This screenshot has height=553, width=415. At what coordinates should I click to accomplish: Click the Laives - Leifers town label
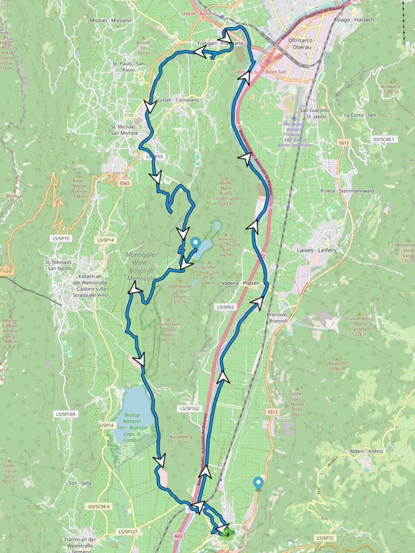(317, 250)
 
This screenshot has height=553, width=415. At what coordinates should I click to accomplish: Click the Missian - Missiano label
(110, 20)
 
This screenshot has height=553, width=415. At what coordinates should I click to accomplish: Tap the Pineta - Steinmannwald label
(347, 191)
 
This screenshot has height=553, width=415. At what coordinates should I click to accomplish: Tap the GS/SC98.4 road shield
(99, 506)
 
